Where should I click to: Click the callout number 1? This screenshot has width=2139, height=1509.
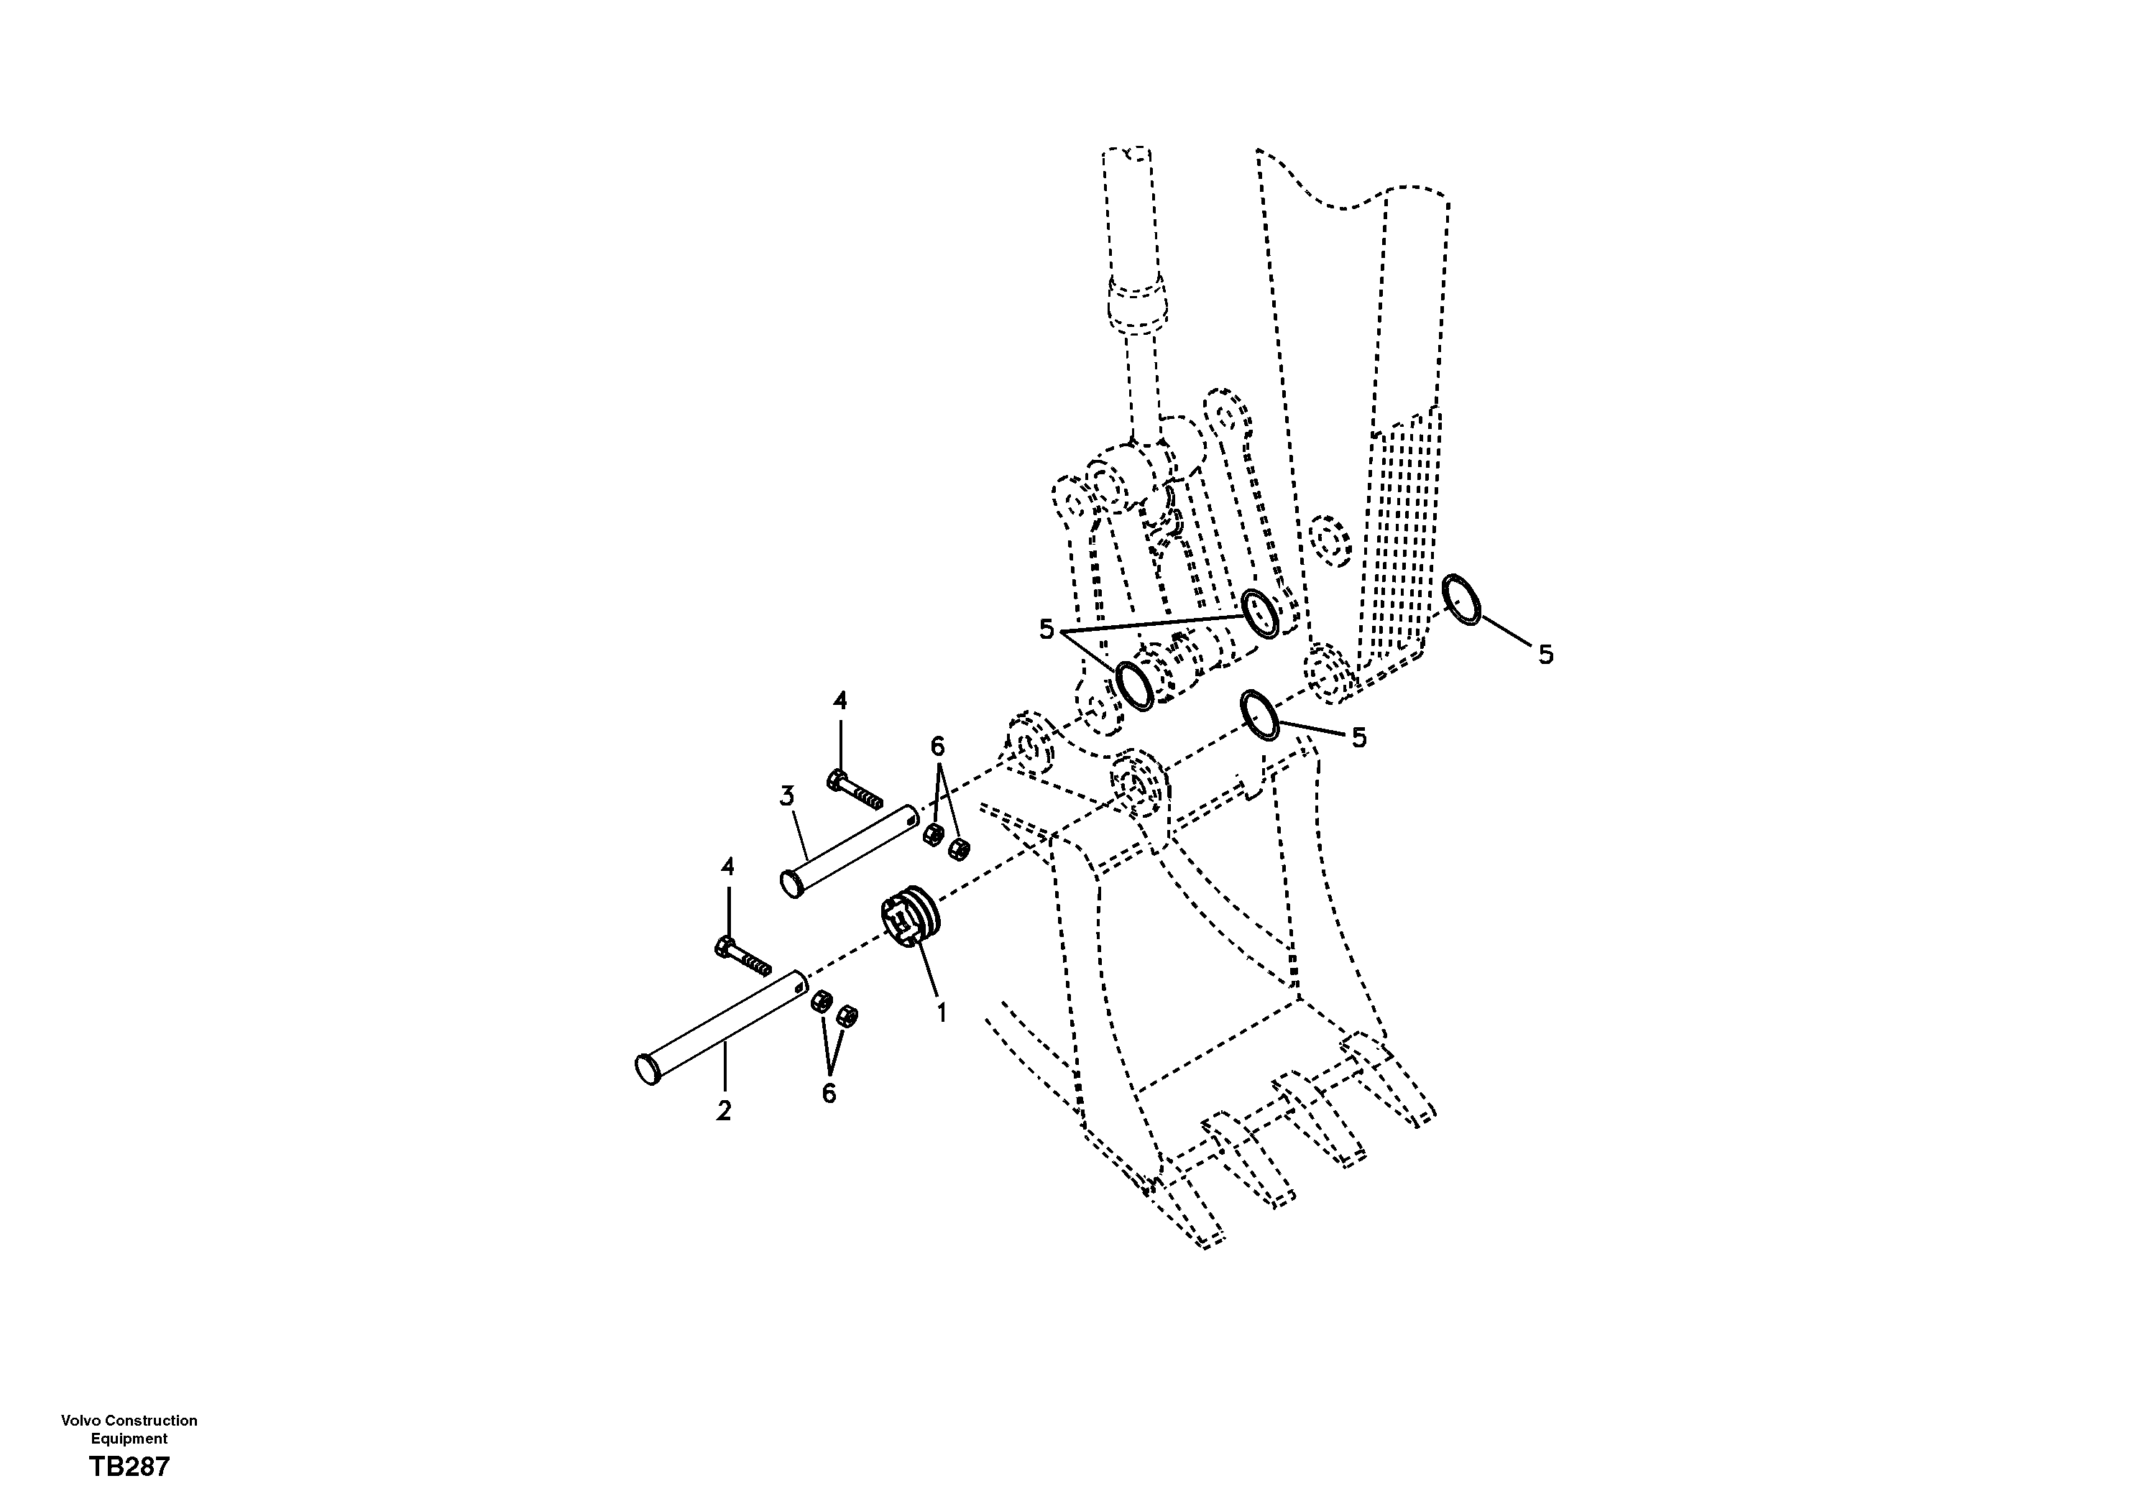941,1012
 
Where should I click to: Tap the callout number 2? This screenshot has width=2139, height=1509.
724,1110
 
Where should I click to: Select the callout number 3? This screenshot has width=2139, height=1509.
787,796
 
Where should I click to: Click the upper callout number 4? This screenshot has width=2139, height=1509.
839,701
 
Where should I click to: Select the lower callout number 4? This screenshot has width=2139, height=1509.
727,867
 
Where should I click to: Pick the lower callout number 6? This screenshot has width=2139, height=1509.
828,1093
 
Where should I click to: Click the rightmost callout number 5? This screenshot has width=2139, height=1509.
1545,655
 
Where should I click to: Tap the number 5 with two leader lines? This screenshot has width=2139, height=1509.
1046,629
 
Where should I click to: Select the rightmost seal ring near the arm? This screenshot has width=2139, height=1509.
1460,600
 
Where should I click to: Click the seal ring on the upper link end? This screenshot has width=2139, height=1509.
1261,614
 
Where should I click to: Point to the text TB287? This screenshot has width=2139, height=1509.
129,1467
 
